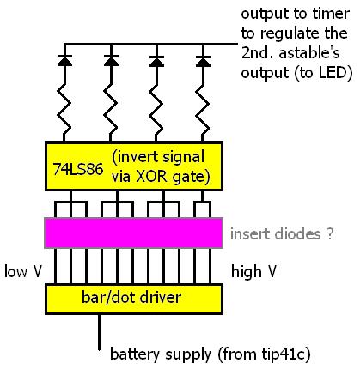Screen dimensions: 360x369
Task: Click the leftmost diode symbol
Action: coord(64,61)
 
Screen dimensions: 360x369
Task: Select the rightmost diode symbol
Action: coord(203,61)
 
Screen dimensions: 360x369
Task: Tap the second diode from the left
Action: coord(111,61)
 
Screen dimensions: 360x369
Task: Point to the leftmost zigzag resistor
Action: coord(64,110)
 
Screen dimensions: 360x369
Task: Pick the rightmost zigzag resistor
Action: coord(203,110)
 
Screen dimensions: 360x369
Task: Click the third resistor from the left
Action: coord(156,110)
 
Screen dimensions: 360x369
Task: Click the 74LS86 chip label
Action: coord(78,169)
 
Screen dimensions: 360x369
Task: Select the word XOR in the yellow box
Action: coord(151,177)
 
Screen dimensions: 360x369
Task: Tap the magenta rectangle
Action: coord(133,233)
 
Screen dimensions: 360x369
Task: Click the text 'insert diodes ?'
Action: coord(282,234)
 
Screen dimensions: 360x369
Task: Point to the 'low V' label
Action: coord(23,271)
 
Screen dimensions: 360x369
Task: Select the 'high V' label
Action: coord(253,271)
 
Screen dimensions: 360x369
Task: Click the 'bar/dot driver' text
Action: coord(131,298)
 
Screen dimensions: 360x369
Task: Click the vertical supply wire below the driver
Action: coord(99,332)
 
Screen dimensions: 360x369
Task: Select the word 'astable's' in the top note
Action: coord(309,53)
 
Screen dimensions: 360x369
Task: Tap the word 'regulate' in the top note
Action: coord(290,34)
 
